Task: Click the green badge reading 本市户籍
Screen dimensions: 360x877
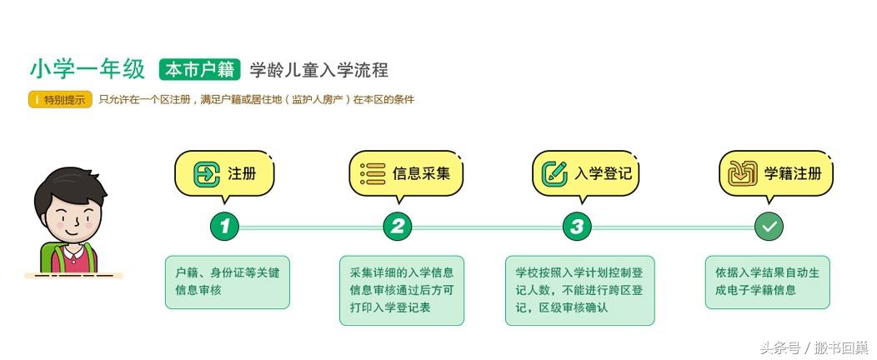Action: point(199,70)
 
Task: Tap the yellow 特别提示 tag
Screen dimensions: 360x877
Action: point(60,100)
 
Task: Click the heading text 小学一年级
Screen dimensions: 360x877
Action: point(88,70)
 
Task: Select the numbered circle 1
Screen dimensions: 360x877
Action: point(224,226)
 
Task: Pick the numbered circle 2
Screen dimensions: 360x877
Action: point(398,226)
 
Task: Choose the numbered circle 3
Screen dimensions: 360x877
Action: point(577,226)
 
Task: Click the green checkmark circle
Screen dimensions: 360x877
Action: point(769,226)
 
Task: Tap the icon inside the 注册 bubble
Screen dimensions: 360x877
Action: point(206,173)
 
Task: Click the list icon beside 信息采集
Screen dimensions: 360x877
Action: point(373,173)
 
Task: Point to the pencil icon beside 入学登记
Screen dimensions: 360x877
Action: point(554,173)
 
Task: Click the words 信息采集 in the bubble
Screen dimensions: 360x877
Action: point(421,173)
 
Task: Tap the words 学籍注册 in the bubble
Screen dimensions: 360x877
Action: point(793,173)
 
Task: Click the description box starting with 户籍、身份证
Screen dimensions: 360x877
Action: point(228,282)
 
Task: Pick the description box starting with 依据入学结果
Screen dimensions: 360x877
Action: point(767,282)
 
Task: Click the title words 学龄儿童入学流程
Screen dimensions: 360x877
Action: point(319,70)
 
